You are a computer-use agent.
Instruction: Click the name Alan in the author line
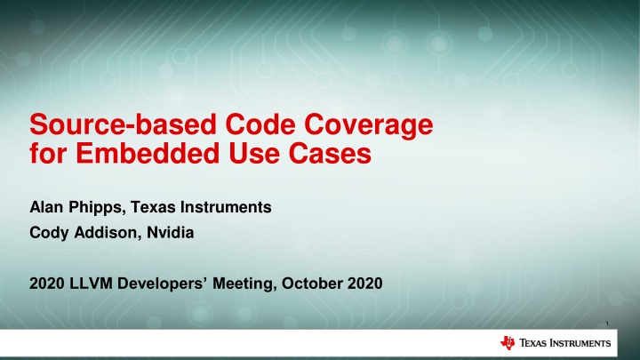pyautogui.click(x=41, y=208)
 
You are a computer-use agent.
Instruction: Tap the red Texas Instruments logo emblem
pyautogui.click(x=508, y=343)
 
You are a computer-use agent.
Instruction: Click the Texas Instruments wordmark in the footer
pyautogui.click(x=564, y=343)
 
